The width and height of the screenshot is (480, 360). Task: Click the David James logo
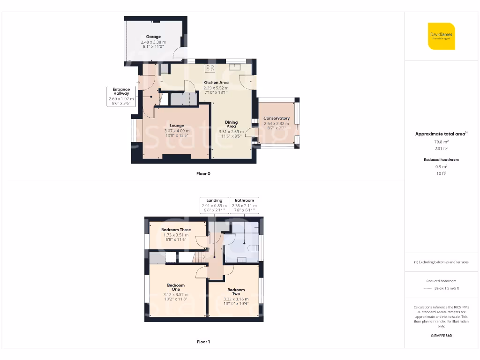(x=441, y=36)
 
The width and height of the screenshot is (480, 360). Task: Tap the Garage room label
(x=153, y=37)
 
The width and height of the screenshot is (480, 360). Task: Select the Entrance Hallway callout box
(x=121, y=96)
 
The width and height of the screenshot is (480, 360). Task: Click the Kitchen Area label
(x=216, y=82)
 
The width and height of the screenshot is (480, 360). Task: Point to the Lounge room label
(x=177, y=125)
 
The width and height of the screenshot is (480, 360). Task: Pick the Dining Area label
(x=231, y=124)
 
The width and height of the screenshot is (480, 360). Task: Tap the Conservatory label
(x=276, y=118)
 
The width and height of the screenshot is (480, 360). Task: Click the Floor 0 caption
(x=203, y=174)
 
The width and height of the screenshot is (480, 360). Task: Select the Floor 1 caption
(x=203, y=342)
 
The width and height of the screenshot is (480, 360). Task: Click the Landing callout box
(x=214, y=205)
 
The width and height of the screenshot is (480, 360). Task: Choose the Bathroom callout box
(x=244, y=205)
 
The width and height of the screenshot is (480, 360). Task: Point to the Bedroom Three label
(x=176, y=230)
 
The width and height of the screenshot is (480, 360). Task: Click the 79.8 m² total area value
(x=441, y=141)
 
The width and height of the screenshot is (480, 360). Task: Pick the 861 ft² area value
(x=441, y=148)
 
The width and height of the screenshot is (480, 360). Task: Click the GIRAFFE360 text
(x=441, y=336)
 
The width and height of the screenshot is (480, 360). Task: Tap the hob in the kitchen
(x=210, y=67)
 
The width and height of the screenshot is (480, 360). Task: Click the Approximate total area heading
(x=440, y=134)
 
